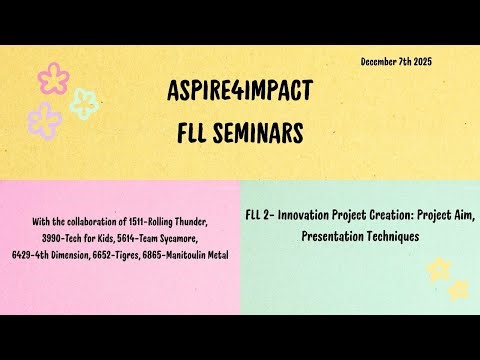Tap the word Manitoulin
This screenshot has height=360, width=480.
point(191,255)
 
